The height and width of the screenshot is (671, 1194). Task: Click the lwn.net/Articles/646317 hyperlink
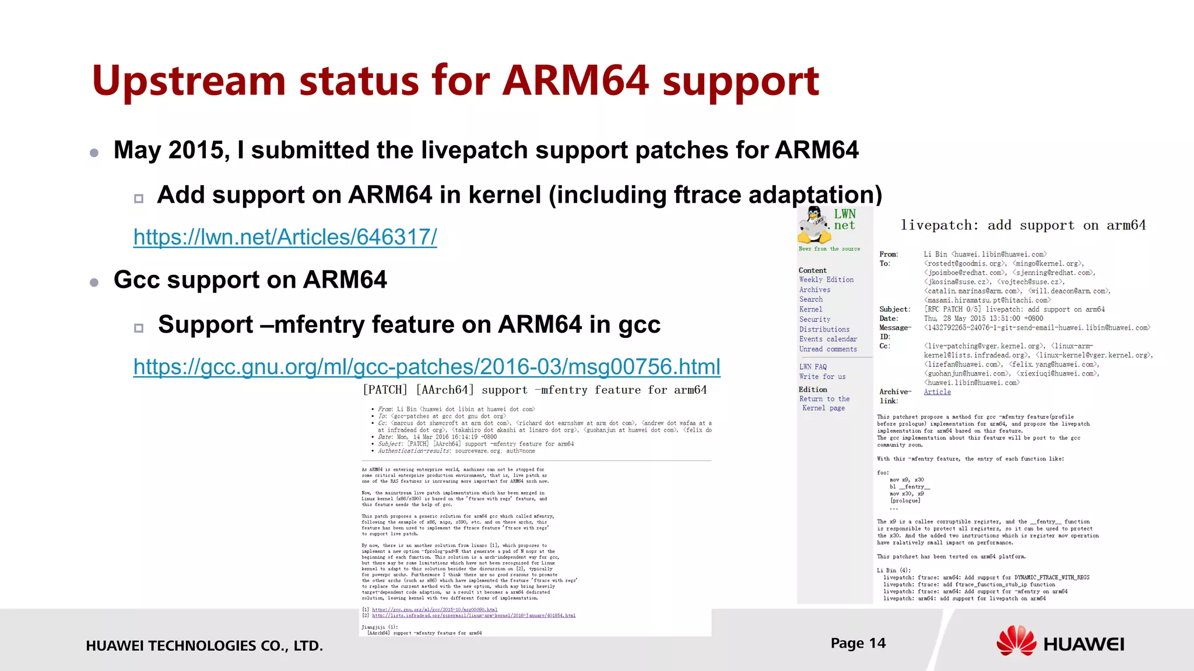(285, 237)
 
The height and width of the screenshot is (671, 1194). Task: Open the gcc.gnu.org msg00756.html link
(427, 367)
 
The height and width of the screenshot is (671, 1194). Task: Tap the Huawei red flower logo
(1016, 641)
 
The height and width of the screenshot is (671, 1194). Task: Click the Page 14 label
(858, 643)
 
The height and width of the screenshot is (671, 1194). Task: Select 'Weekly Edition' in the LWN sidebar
(826, 280)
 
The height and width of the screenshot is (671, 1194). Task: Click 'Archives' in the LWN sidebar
(814, 289)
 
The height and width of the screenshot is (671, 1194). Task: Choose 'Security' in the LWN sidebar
(814, 319)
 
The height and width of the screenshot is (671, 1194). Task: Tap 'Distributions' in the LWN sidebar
(824, 329)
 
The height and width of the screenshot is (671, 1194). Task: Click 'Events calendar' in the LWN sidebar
(828, 339)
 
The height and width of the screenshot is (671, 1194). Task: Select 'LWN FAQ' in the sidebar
(813, 367)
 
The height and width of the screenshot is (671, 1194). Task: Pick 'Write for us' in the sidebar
(822, 377)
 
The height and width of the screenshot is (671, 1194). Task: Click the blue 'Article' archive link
(937, 392)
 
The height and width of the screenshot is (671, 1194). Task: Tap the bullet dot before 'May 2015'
(94, 153)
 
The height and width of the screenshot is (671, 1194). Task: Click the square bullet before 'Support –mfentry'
(139, 328)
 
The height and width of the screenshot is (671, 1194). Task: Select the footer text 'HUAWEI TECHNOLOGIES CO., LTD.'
(204, 645)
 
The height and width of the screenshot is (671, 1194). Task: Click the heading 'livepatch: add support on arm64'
(1023, 225)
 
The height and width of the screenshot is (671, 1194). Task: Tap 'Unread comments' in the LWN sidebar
(828, 349)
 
